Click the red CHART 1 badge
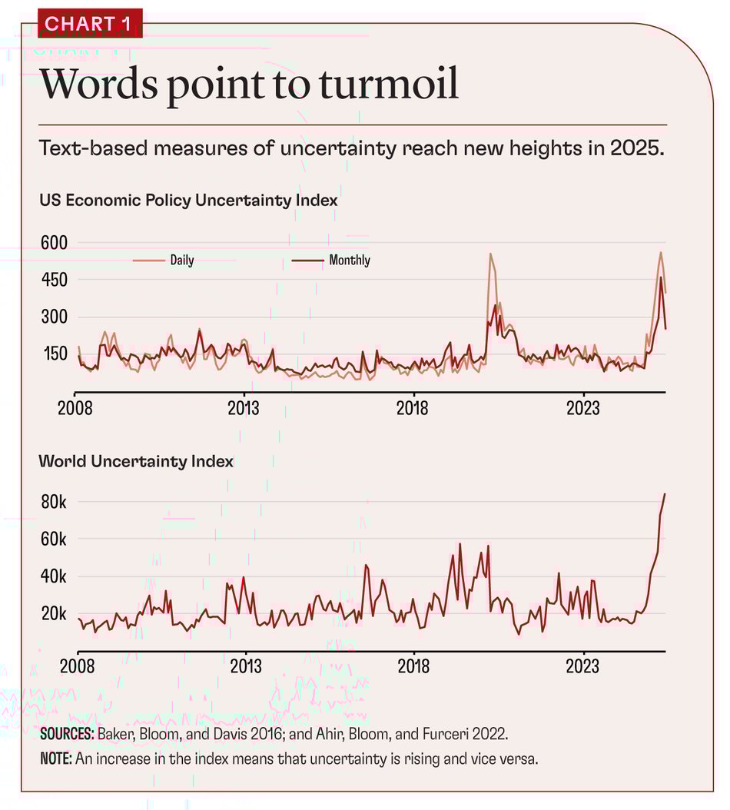point(89,24)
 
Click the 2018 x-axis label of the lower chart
point(414,666)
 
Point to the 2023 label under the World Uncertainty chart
point(583,666)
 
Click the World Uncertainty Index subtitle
point(136,461)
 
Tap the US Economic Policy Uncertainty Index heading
point(189,201)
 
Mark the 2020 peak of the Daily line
point(490,254)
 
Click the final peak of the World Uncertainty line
point(665,494)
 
